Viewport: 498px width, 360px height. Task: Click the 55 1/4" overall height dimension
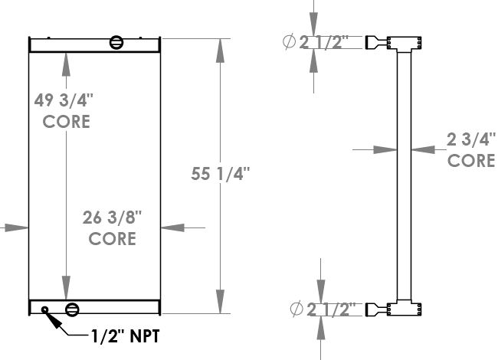(220, 174)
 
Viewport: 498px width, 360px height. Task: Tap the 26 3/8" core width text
(113, 218)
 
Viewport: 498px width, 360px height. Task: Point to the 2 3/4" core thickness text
(470, 139)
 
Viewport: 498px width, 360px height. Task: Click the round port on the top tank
(116, 42)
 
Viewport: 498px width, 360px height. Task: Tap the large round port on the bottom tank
(72, 309)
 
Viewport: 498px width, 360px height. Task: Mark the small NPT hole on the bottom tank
(45, 310)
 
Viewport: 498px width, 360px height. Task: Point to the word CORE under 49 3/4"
(66, 121)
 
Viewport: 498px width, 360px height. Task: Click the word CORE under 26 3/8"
(113, 239)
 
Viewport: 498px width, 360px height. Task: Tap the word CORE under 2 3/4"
(470, 161)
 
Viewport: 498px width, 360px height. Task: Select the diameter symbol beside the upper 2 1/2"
(290, 43)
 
